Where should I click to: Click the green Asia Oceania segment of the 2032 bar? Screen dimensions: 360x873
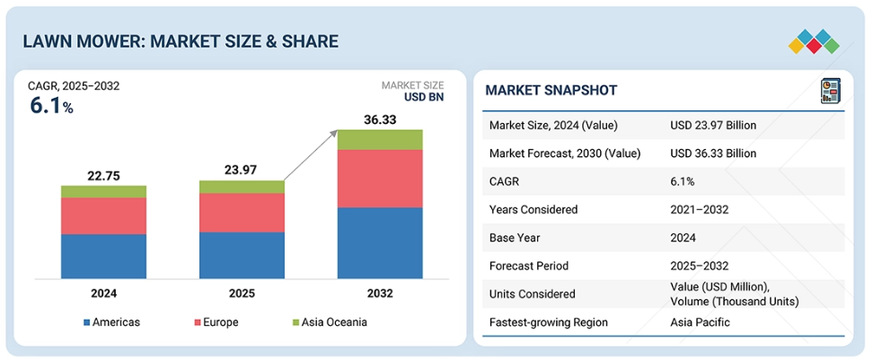380,139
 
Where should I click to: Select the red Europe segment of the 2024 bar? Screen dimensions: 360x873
103,215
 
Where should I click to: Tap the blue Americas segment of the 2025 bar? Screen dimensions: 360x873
242,255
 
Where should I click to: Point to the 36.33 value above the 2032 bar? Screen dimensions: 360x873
380,118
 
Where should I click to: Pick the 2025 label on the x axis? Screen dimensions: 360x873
242,294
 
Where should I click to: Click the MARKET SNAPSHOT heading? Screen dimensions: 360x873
551,91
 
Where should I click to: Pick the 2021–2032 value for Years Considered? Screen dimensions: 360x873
699,209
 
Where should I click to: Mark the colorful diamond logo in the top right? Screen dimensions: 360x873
814,42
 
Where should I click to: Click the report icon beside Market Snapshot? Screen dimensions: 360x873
830,91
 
